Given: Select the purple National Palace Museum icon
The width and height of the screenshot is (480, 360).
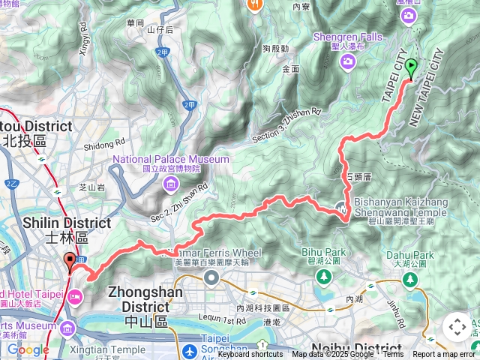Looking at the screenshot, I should coord(172,184).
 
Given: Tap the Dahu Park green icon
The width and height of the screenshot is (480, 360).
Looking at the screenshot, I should coord(409,279).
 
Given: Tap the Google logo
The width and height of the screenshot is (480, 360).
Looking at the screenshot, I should coord(28,349).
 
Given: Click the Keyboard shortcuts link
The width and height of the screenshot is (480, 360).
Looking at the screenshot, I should coord(250,355).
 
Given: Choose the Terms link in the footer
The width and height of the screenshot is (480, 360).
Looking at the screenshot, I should coord(393,355).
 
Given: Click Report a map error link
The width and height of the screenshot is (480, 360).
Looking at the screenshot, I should coord(444,355).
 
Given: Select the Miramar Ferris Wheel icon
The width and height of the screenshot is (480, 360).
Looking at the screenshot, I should coord(212,278).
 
